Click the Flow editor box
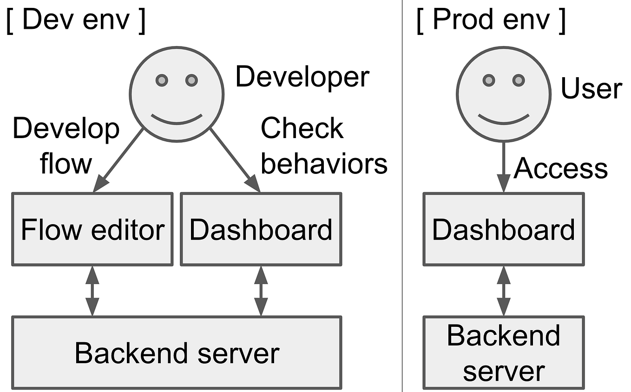point(92,229)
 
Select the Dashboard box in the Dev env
point(261,229)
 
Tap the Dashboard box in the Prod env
point(503,229)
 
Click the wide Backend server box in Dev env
point(177,352)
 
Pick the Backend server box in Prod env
point(503,352)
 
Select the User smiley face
point(503,93)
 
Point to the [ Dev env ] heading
point(76,21)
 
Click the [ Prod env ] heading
point(491,21)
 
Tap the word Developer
point(302,77)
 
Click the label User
point(591,88)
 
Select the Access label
point(561,168)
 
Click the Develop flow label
point(66,146)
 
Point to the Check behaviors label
point(323,146)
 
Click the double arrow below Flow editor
point(92,291)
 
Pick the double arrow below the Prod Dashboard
point(503,291)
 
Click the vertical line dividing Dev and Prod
point(402,195)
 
